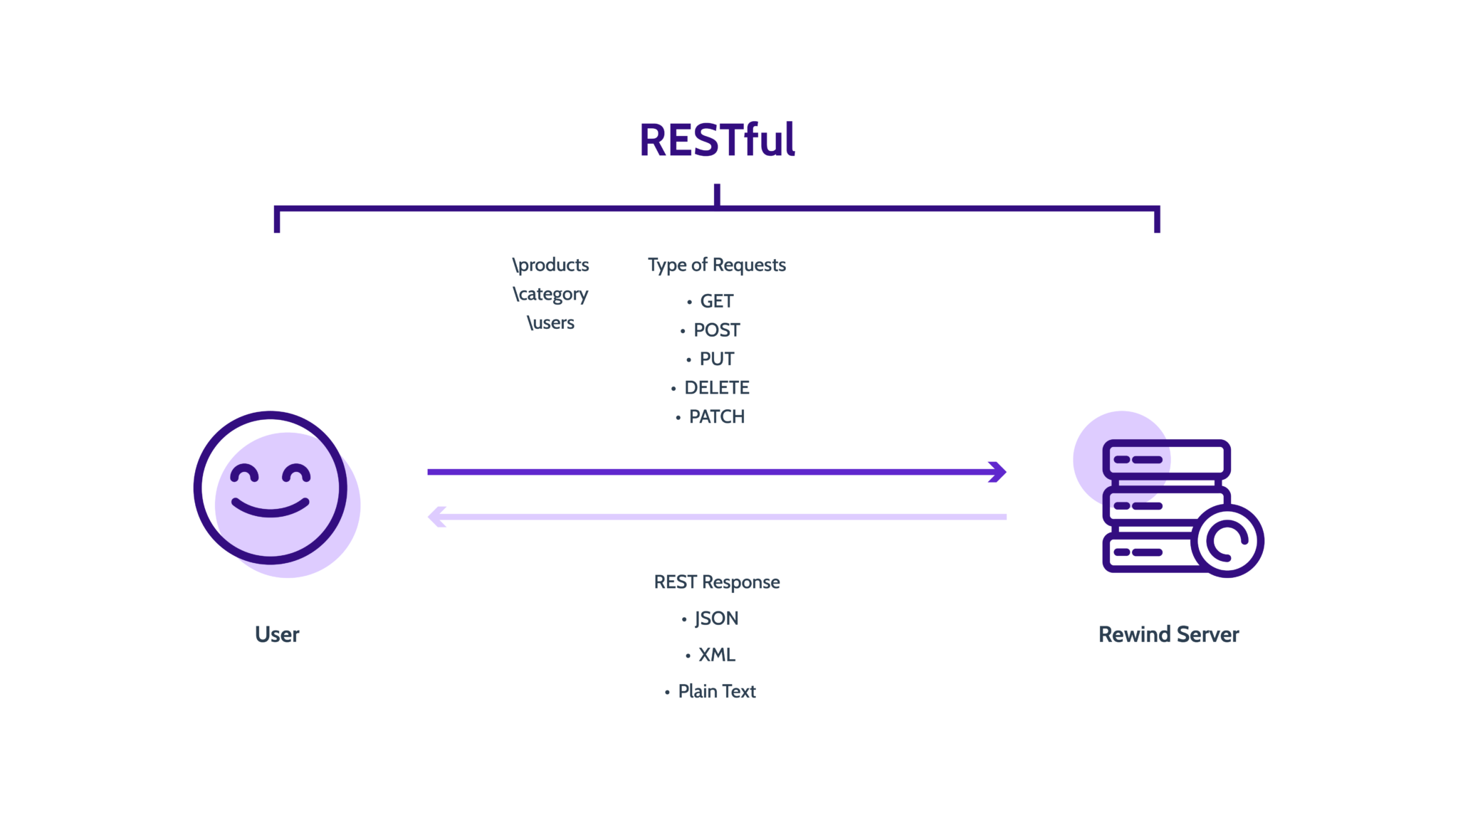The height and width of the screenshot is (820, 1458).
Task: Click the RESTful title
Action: click(717, 140)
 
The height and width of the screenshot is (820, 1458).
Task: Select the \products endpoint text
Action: click(550, 265)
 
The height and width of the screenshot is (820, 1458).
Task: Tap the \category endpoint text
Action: click(550, 294)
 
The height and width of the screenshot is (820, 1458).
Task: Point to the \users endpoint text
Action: click(550, 323)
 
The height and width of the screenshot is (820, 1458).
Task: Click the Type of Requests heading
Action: click(717, 265)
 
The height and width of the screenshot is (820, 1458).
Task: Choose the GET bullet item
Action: click(715, 302)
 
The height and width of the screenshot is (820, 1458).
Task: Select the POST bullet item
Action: click(716, 330)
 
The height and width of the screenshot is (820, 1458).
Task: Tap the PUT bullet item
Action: click(716, 359)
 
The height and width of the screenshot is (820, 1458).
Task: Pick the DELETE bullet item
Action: click(716, 388)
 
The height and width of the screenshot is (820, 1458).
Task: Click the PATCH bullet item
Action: click(716, 417)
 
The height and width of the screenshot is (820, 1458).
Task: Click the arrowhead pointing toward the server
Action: click(999, 472)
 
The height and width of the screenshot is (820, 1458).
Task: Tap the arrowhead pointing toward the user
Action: click(436, 517)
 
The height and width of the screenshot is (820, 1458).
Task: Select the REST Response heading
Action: click(717, 582)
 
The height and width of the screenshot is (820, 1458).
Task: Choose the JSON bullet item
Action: click(716, 619)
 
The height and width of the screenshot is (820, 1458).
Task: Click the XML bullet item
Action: click(716, 655)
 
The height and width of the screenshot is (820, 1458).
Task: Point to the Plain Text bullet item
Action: click(716, 691)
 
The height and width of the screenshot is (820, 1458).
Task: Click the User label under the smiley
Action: click(277, 634)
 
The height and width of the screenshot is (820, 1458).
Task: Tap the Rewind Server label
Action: click(1168, 634)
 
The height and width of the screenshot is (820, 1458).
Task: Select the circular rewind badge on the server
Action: click(1227, 541)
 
